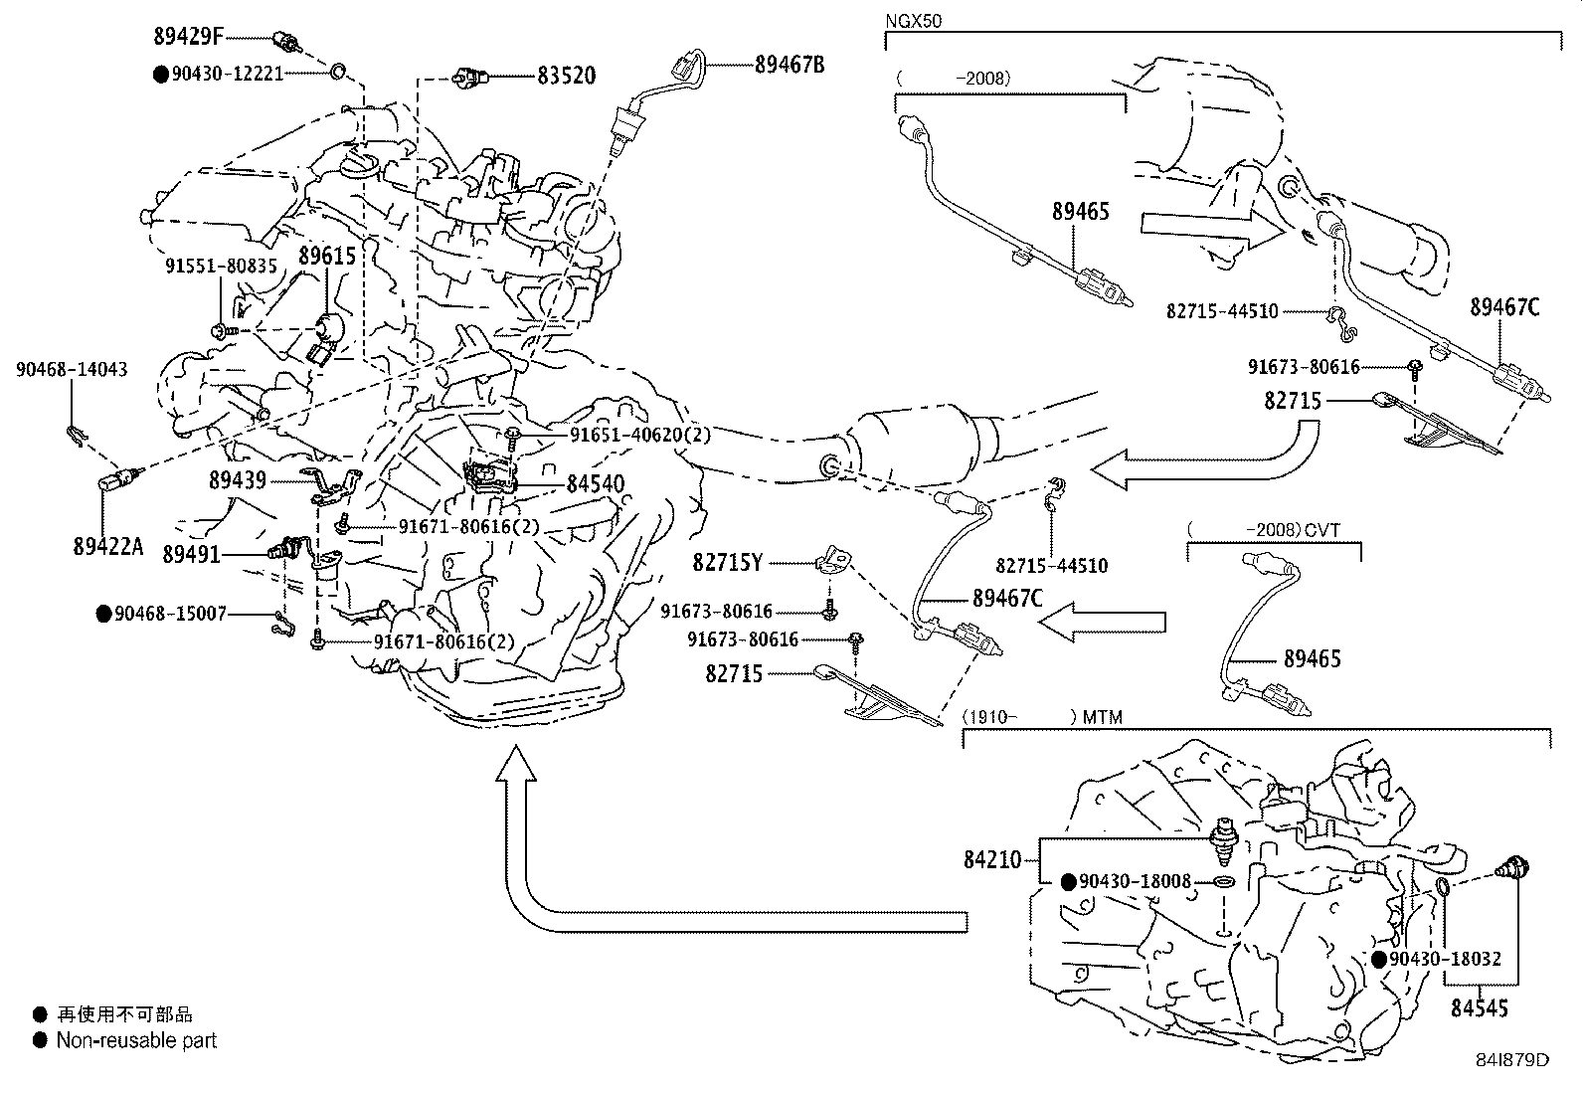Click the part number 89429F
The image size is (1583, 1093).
point(189,36)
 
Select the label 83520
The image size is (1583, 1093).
point(567,76)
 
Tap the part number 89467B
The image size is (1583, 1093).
point(790,65)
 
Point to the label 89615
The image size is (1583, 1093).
point(327,256)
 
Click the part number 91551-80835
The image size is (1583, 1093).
point(221,266)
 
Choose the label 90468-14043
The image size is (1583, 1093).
point(72,369)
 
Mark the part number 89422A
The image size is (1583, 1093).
point(108,546)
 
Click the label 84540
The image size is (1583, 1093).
point(596,484)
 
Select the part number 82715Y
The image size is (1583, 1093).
point(728,563)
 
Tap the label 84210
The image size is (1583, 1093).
point(993,859)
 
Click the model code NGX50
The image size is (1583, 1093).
point(914,21)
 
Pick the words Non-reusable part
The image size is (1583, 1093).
point(136,1040)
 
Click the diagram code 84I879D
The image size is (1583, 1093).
point(1512,1060)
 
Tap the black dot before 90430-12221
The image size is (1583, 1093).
point(161,75)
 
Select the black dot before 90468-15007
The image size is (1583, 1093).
point(103,614)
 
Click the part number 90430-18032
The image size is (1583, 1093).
point(1445,960)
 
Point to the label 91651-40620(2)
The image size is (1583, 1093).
point(640,435)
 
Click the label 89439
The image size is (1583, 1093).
point(238,480)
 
